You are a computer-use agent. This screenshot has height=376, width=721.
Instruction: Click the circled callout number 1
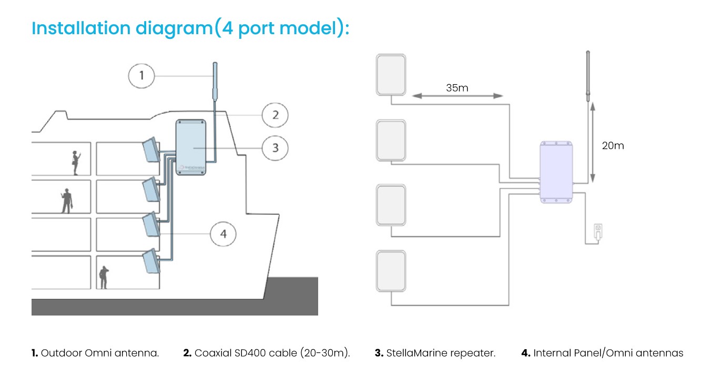[141, 76]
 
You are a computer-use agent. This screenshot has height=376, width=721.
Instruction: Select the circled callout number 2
[275, 115]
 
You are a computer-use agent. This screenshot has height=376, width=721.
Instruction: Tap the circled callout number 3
[275, 148]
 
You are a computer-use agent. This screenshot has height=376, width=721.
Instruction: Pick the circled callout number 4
[224, 233]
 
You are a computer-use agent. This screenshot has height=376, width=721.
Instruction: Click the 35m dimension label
[456, 88]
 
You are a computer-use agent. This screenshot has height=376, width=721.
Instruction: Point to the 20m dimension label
[613, 146]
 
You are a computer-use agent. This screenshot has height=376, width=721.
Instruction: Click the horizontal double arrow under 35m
[457, 96]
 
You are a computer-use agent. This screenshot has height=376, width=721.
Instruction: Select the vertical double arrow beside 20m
[593, 142]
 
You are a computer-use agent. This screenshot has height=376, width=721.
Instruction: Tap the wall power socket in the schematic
[597, 231]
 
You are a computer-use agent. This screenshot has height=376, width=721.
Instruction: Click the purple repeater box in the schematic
[556, 172]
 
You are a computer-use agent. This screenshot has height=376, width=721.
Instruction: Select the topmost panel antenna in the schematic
[391, 75]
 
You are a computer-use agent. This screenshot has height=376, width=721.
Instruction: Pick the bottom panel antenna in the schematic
[391, 271]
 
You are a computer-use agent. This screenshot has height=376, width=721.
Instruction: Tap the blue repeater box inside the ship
[190, 147]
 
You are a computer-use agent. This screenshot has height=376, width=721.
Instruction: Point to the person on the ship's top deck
[75, 162]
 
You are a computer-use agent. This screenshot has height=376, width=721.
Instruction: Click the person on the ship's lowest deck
[104, 277]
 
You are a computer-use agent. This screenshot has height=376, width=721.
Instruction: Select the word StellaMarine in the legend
[413, 353]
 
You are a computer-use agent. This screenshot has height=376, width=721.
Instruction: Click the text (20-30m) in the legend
[324, 353]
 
